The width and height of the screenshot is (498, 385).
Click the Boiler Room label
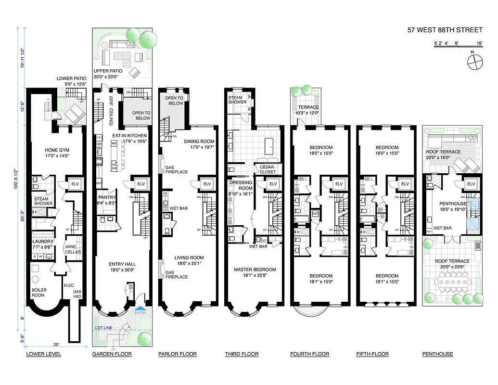[39, 293]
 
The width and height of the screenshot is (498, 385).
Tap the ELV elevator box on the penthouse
[471, 184]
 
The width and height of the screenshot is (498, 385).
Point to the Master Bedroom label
[255, 272]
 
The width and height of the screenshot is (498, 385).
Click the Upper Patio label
[108, 74]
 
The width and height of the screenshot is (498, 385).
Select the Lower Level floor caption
[43, 354]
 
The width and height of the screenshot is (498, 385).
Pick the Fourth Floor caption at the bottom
[309, 354]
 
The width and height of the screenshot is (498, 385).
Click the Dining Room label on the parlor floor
[199, 144]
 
